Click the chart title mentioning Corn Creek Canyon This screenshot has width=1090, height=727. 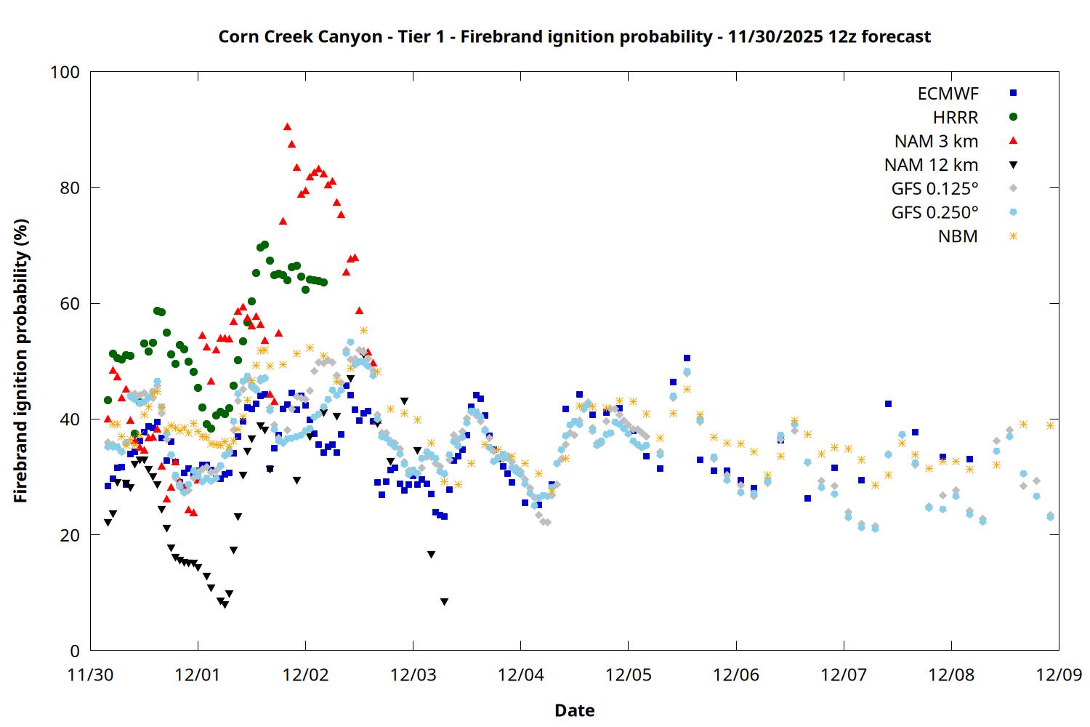(574, 36)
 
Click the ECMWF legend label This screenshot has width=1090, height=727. (948, 94)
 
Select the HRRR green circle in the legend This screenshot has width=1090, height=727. (1013, 117)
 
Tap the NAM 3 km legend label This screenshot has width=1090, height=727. (936, 141)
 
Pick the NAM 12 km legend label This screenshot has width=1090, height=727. (931, 165)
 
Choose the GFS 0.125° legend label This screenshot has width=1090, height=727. (934, 189)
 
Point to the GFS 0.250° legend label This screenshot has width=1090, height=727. (934, 213)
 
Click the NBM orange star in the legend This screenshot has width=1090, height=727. (1013, 236)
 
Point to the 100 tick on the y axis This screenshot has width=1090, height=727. (65, 72)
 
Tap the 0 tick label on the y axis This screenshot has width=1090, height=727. (75, 651)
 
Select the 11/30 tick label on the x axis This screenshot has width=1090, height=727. (90, 675)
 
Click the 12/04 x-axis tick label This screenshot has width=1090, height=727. (521, 675)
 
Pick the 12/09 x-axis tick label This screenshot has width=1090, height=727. (1059, 675)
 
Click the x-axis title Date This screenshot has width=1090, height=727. (574, 710)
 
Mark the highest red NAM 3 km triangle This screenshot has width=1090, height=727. (287, 127)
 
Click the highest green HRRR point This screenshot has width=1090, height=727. (265, 245)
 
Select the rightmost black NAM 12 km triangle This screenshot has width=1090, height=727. (444, 602)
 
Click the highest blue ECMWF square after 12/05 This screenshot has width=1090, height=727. (687, 358)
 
